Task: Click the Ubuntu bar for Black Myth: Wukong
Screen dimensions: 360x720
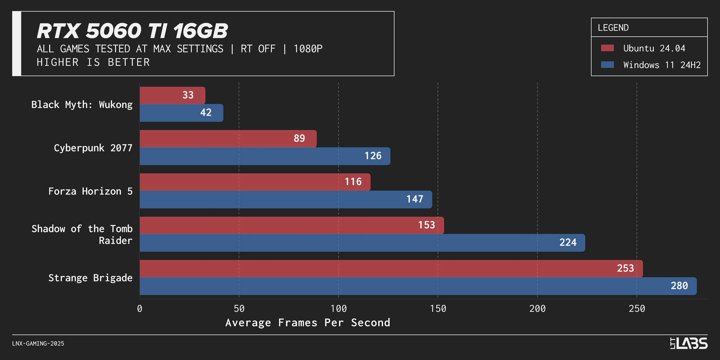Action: pyautogui.click(x=172, y=95)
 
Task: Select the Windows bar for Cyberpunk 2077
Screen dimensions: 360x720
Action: pyautogui.click(x=265, y=156)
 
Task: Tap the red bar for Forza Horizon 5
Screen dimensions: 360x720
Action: pyautogui.click(x=255, y=182)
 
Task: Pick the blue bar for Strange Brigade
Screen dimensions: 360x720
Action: pyautogui.click(x=418, y=286)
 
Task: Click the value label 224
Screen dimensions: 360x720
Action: pyautogui.click(x=568, y=243)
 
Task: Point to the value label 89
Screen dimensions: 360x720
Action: pyautogui.click(x=299, y=139)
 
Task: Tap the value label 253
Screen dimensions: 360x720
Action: pyautogui.click(x=625, y=269)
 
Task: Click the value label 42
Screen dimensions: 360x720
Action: pyautogui.click(x=206, y=113)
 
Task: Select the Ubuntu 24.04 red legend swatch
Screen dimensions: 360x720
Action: pyautogui.click(x=607, y=48)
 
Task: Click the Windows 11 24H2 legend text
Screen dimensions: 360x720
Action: pyautogui.click(x=662, y=65)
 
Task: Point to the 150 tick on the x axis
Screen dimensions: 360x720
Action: pyautogui.click(x=438, y=309)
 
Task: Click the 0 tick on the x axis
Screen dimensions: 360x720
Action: pyautogui.click(x=140, y=309)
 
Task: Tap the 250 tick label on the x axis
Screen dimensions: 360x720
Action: pyautogui.click(x=637, y=309)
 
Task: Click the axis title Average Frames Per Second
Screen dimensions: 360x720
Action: pyautogui.click(x=307, y=323)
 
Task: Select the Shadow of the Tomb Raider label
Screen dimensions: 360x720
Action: pyautogui.click(x=82, y=234)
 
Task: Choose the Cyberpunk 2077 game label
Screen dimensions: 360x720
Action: pyautogui.click(x=93, y=148)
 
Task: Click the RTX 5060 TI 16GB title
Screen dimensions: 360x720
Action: pyautogui.click(x=132, y=31)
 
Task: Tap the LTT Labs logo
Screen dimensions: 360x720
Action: pyautogui.click(x=688, y=343)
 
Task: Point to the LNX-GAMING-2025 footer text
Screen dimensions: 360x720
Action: pyautogui.click(x=38, y=343)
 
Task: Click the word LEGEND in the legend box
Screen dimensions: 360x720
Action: pyautogui.click(x=613, y=28)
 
